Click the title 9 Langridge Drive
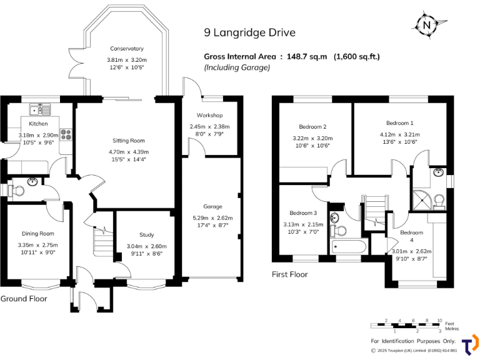(250, 32)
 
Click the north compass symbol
(427, 26)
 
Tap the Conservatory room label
(127, 49)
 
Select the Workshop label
(209, 116)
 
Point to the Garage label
(212, 206)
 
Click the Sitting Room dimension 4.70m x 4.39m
(129, 151)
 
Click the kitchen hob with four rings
(67, 134)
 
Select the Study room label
(146, 235)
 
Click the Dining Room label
(38, 233)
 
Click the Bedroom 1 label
(399, 123)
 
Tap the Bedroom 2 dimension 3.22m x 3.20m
(312, 138)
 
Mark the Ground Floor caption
(23, 299)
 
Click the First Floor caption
(289, 274)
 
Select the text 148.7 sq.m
(307, 56)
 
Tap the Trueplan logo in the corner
(469, 346)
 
